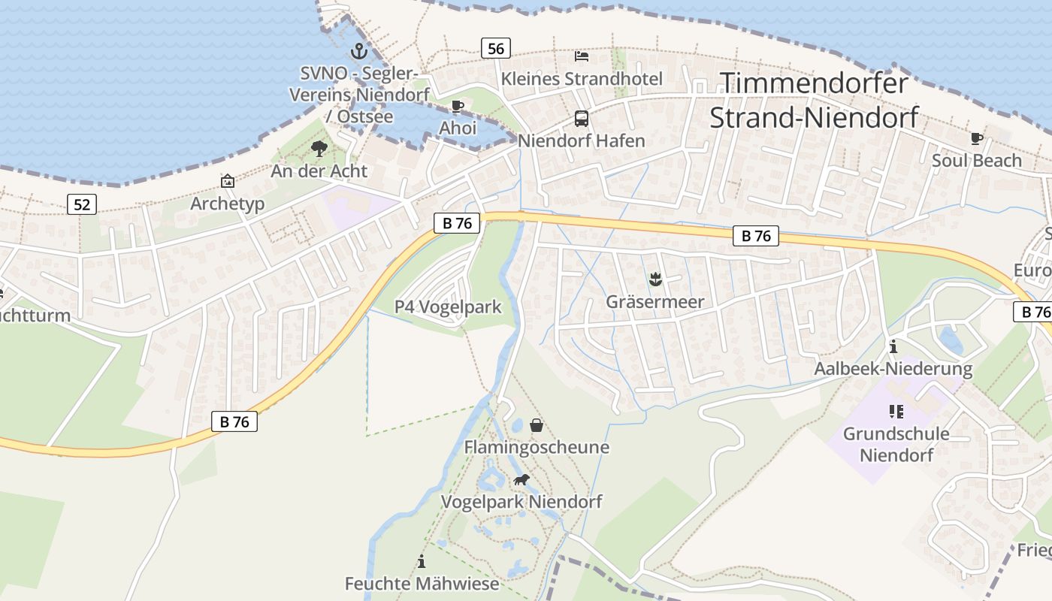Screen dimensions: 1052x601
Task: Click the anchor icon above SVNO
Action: (x=358, y=52)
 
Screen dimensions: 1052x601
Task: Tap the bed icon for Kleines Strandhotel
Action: (x=582, y=56)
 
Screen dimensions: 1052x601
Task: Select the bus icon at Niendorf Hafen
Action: (x=582, y=118)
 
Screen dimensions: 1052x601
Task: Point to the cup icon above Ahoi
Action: (x=458, y=106)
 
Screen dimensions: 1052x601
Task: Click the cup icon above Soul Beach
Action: (x=977, y=138)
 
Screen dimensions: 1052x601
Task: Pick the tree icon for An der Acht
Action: (x=319, y=148)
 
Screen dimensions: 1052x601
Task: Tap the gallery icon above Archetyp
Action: (x=227, y=181)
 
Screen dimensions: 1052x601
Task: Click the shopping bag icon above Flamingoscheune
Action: (x=537, y=425)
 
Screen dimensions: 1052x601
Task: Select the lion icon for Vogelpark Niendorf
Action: (x=521, y=479)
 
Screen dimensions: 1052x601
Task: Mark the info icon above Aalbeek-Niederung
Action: (x=893, y=347)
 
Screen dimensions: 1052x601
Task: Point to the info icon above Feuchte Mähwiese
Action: (x=422, y=561)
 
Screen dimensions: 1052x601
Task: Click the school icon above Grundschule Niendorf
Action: (x=896, y=411)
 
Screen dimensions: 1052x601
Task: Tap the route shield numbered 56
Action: (x=496, y=49)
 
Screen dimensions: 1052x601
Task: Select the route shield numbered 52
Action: (x=82, y=204)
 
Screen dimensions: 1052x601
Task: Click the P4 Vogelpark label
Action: (x=448, y=307)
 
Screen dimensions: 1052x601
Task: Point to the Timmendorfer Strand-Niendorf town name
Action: (x=815, y=100)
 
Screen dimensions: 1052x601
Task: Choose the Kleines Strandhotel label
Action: (x=582, y=79)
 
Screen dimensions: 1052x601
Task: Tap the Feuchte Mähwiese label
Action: (x=422, y=584)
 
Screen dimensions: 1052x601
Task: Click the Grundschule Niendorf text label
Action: (x=896, y=444)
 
